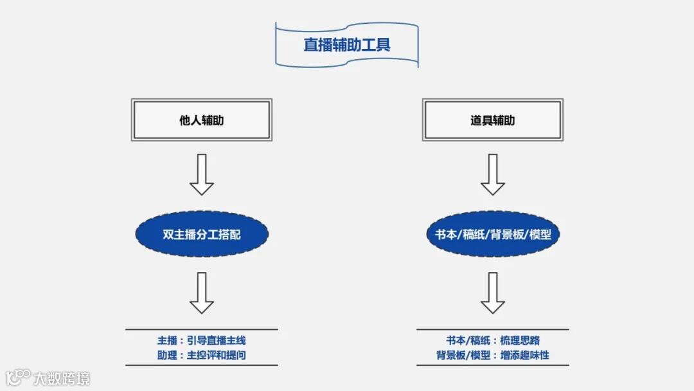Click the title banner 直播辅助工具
click(x=347, y=45)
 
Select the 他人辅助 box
click(x=202, y=120)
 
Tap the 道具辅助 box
click(x=493, y=120)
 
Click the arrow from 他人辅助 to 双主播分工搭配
click(x=202, y=174)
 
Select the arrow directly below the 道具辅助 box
click(x=493, y=174)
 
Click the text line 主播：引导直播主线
click(x=202, y=341)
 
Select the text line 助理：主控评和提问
click(x=202, y=355)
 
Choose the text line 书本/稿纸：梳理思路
click(x=493, y=341)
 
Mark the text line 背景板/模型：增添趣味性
click(x=493, y=355)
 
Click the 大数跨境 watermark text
click(x=62, y=378)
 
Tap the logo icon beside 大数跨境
click(x=19, y=376)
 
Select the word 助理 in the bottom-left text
click(x=167, y=355)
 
